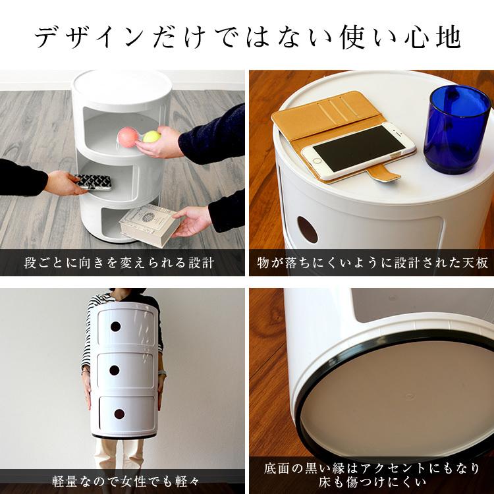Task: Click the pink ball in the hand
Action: pyautogui.click(x=126, y=136)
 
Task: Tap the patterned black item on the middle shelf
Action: pyautogui.click(x=89, y=181)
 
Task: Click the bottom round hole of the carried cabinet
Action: pyautogui.click(x=119, y=414)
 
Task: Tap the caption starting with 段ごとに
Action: pyautogui.click(x=119, y=263)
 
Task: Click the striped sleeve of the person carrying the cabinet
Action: pyautogui.click(x=88, y=343)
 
